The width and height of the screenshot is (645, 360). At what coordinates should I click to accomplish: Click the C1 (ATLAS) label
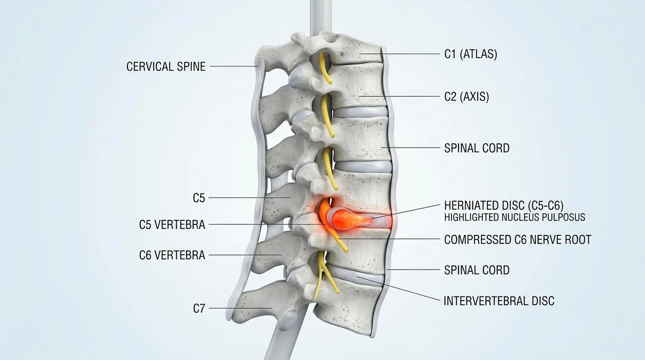471,54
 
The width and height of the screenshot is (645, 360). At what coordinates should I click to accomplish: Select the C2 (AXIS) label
467,96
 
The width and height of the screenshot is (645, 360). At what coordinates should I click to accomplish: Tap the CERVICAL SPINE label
166,67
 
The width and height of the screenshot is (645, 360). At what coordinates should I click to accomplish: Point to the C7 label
199,309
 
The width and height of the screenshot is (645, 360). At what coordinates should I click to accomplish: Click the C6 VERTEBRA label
172,255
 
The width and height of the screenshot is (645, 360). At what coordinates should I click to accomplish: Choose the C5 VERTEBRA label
172,225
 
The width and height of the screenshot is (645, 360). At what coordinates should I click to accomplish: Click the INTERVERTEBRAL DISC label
499,301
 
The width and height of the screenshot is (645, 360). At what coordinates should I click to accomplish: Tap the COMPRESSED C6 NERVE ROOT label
518,239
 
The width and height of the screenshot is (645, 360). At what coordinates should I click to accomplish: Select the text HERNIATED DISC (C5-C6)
504,205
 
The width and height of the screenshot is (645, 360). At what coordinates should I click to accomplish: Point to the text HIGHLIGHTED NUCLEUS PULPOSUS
515,217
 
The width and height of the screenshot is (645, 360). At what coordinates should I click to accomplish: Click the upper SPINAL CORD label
477,148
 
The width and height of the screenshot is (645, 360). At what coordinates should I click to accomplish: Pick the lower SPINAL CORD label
477,270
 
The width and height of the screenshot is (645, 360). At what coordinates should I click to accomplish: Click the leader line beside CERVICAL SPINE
234,66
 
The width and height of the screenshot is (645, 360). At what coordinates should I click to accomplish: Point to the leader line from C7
240,308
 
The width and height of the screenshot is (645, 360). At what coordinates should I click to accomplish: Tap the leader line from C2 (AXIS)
400,96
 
